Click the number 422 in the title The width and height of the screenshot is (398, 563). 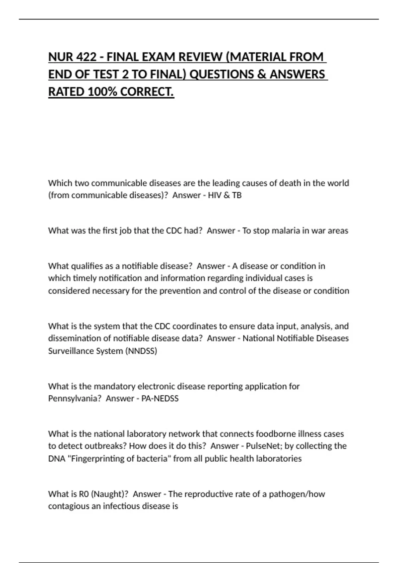click(87, 57)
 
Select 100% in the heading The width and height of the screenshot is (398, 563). click(102, 92)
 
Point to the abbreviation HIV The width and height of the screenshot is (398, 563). click(215, 195)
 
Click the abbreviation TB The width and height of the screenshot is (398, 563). click(237, 195)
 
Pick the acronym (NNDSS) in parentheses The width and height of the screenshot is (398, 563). click(141, 351)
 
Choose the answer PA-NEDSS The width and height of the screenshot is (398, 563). click(160, 398)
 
